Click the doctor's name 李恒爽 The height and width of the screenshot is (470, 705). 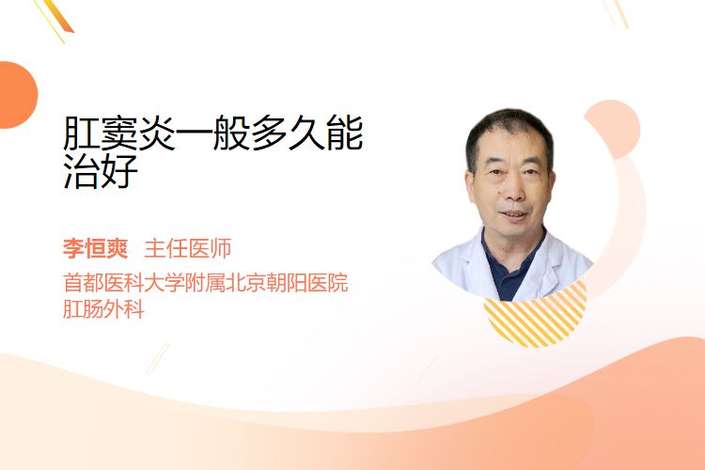[x=95, y=249]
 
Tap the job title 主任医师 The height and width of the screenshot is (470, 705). [x=188, y=249]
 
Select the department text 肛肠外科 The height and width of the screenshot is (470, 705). [x=103, y=309]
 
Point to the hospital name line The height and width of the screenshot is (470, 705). [x=206, y=283]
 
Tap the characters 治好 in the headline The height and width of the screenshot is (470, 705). [x=101, y=171]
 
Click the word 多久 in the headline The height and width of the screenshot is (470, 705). [x=288, y=133]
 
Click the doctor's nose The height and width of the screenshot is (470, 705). [x=512, y=190]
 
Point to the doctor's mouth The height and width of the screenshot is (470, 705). [x=513, y=215]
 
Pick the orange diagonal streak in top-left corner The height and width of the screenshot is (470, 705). [x=56, y=18]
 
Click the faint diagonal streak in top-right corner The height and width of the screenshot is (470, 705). [x=617, y=13]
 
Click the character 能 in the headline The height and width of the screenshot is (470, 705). [x=345, y=133]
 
